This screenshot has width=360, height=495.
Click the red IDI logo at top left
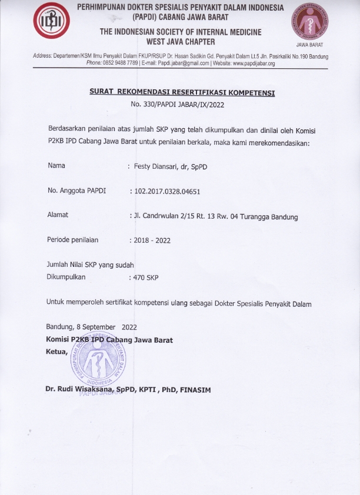51,22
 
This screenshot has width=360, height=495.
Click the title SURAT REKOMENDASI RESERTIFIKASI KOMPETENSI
182,93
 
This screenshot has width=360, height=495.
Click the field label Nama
56,166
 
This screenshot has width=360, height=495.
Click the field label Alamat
58,215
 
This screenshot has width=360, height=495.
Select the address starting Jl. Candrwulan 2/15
215,216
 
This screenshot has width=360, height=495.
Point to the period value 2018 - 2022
152,240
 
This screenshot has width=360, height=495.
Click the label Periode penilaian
73,240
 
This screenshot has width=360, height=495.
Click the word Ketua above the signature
56,352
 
